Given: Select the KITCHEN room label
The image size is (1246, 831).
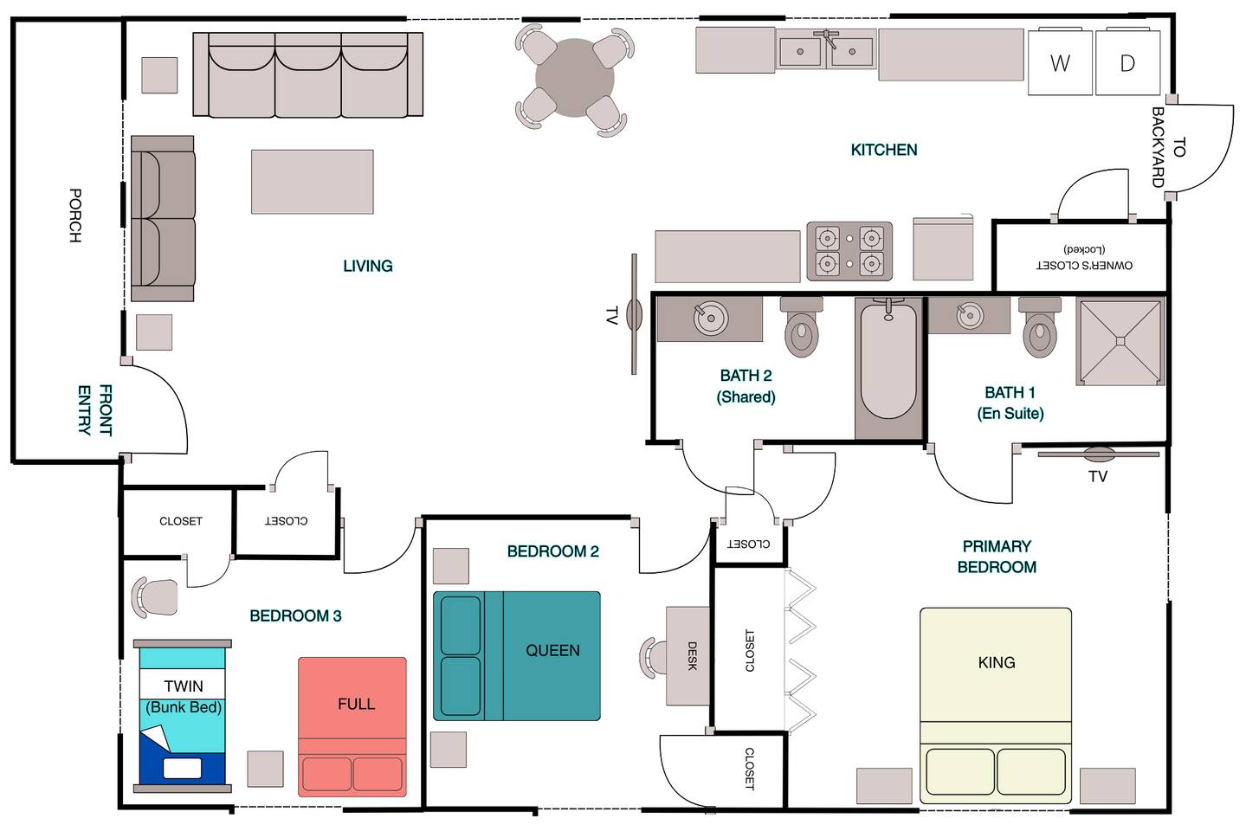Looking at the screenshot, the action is point(884,150).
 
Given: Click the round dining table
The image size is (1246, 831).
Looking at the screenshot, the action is point(575,78).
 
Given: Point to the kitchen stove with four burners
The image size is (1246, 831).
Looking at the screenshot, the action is point(849,251).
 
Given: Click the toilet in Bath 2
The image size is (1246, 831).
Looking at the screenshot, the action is point(801,326).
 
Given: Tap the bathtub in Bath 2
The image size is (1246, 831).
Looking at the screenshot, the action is point(888,367).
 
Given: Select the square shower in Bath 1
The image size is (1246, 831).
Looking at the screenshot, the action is point(1120,341).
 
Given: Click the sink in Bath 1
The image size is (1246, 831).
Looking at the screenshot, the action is point(970,315).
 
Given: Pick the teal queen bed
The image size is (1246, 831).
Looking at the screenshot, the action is point(516,656).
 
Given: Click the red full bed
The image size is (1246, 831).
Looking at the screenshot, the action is point(352,726).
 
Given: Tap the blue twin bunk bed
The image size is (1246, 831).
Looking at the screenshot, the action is point(183,716).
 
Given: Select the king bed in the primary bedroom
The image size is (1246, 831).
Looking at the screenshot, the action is point(995,705).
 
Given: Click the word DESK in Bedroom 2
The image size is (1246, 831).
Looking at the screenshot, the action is point(692,656).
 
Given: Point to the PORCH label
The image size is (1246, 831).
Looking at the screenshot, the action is point(74,216).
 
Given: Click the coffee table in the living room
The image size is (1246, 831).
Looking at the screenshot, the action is point(312,181).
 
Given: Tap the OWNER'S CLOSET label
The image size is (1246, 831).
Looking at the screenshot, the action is point(1084,266).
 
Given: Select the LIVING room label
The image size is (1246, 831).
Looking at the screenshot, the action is point(368,266).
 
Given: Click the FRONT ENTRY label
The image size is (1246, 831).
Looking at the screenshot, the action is point(94,410).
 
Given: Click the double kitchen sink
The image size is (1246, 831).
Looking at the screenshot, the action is point(826,50).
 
